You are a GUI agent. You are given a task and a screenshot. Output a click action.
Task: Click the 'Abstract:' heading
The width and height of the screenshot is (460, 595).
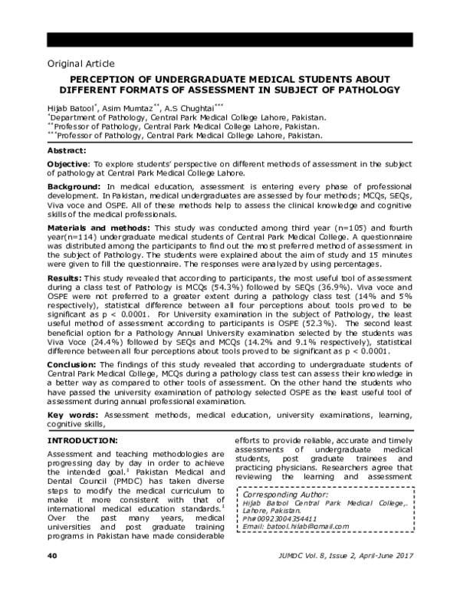67,151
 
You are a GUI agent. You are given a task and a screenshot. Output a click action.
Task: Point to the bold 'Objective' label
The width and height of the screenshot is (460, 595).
67,165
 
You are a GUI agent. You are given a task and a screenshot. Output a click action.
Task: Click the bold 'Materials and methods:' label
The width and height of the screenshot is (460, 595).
97,228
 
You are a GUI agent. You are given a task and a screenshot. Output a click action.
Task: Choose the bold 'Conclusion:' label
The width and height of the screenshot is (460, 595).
72,364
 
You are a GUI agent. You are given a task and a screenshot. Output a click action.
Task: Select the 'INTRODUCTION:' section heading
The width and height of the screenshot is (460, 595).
83,441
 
